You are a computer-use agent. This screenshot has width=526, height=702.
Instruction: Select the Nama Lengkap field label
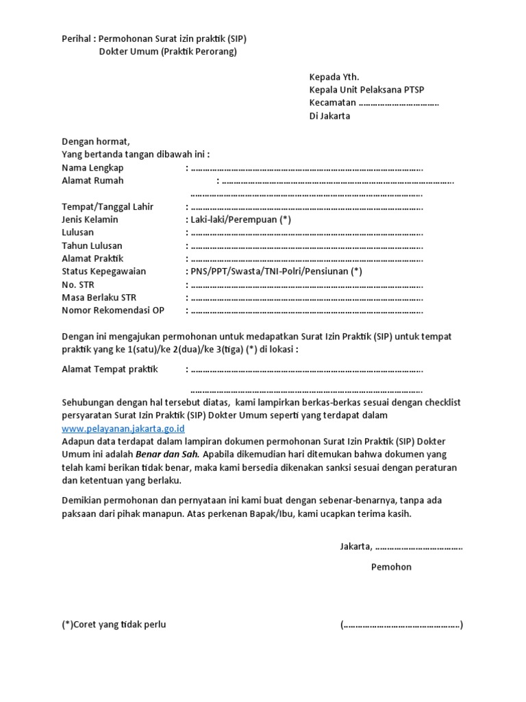pos(92,167)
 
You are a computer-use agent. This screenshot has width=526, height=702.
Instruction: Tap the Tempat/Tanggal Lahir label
pos(108,207)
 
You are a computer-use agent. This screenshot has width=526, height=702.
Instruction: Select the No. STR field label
pos(78,285)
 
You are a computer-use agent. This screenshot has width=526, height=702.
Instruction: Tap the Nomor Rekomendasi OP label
pos(113,311)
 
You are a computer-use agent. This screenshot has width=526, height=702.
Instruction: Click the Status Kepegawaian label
pos(103,271)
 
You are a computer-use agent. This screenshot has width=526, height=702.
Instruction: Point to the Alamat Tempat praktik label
pos(110,370)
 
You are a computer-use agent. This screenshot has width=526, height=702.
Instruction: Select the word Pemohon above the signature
pos(391,567)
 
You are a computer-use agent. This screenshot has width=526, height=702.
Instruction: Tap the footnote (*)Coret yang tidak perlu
pos(114,625)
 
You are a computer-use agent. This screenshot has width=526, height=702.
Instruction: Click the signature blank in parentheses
pos(401,625)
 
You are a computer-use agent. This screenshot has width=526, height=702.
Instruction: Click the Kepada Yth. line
pos(334,77)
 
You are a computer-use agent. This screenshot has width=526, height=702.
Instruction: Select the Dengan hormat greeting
pos(95,141)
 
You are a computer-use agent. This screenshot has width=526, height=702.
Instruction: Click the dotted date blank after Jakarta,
pos(418,547)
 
